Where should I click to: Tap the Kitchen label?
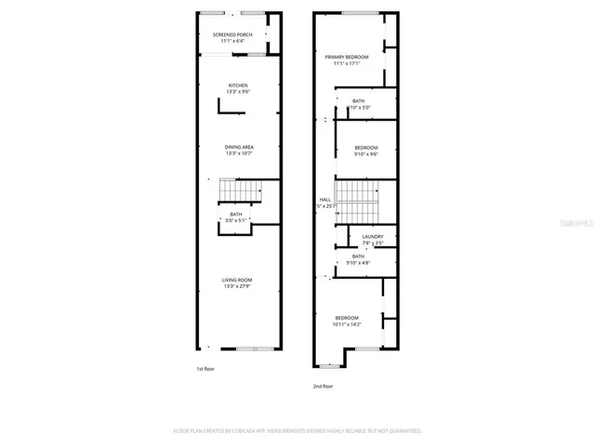click(239, 85)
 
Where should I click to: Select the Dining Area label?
click(239, 147)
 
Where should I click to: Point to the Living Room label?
click(237, 280)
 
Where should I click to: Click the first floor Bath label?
click(236, 214)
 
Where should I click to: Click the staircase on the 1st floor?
click(236, 191)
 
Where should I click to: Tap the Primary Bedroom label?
click(347, 57)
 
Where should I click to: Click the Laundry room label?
click(359, 237)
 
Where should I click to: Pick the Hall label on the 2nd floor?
click(324, 199)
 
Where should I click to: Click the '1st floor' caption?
click(206, 369)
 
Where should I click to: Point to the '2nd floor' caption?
click(323, 386)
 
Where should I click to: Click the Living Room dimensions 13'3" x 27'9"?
click(237, 286)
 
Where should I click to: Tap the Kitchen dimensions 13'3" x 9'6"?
click(239, 92)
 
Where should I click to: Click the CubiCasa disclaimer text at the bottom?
click(297, 431)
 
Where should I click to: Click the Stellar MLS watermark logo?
click(577, 224)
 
